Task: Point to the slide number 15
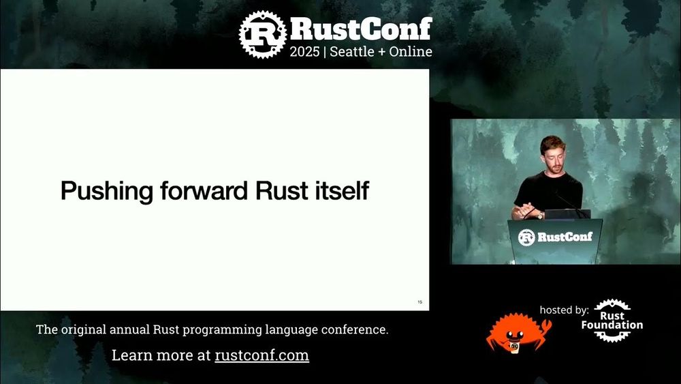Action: coord(419,301)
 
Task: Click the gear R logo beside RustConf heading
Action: coord(262,33)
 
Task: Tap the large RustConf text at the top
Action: coord(361,29)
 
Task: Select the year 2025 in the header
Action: coord(304,52)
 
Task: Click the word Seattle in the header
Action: coord(356,52)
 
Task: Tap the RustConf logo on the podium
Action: coord(555,237)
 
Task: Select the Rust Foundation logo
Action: coord(612,321)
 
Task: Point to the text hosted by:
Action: coord(564,310)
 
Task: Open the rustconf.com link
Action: coord(262,355)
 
